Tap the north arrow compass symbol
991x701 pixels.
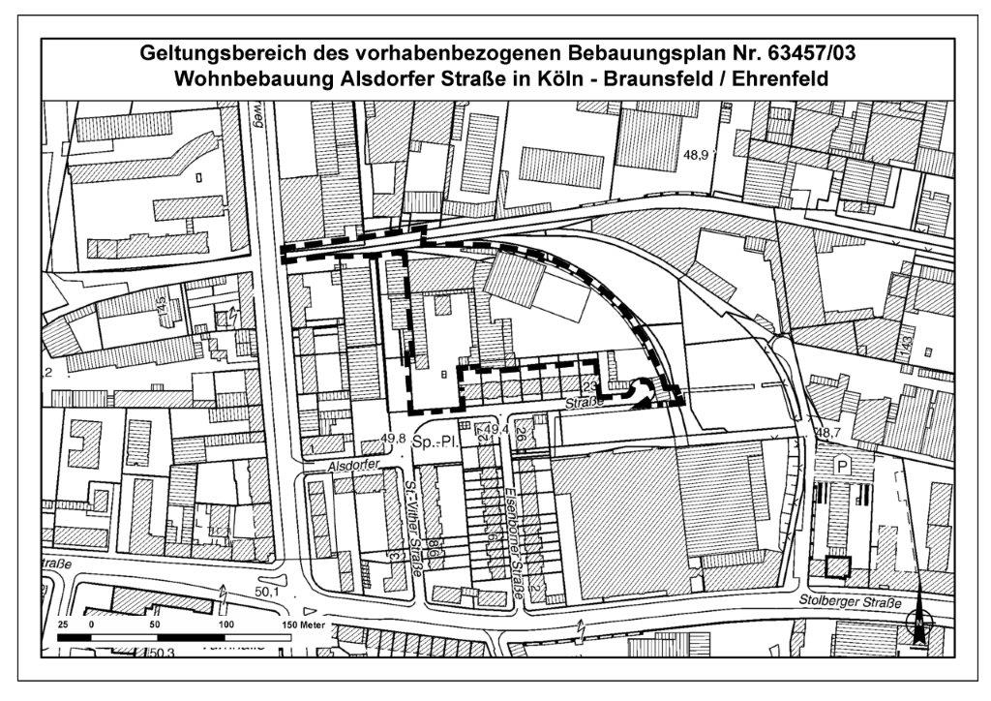915,621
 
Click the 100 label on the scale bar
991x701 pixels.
227,625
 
